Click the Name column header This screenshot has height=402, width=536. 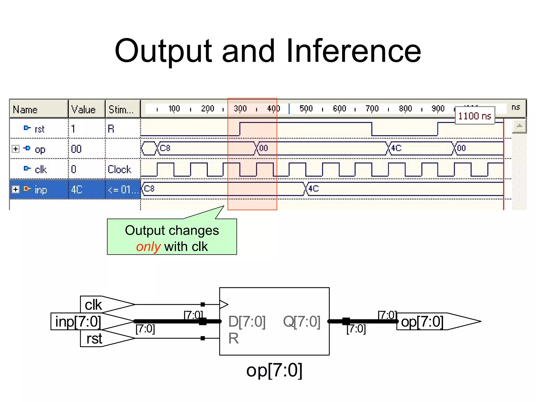tap(25, 109)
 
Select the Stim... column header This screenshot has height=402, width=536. tap(121, 109)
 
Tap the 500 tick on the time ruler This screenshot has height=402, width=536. tap(306, 108)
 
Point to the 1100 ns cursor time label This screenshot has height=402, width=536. tap(474, 116)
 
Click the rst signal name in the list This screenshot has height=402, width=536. tap(40, 129)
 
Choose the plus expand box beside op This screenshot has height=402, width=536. tap(16, 149)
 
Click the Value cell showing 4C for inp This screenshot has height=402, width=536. tap(77, 189)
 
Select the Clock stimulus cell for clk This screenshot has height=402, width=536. tap(119, 169)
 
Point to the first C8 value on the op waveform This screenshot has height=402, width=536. tap(165, 148)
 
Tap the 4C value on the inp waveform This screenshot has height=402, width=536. tap(314, 189)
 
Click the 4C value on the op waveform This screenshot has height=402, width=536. tap(396, 148)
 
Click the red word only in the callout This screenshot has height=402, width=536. tap(148, 247)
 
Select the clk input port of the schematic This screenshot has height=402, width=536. tap(93, 305)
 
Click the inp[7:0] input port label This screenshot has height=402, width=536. tap(78, 321)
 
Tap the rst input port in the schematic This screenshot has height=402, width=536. tap(94, 338)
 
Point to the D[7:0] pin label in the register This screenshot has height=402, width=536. tap(247, 321)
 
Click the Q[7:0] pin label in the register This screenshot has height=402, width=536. tap(301, 321)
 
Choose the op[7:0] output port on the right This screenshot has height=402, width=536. tap(422, 321)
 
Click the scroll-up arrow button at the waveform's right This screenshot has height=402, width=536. tap(519, 126)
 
